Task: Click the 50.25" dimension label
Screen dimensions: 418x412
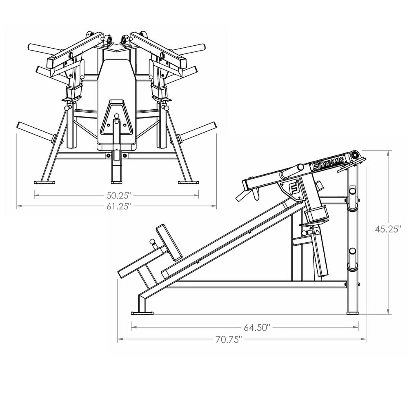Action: [119, 195]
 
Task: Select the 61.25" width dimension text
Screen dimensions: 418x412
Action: [119, 206]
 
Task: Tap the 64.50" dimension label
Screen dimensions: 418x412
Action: [257, 327]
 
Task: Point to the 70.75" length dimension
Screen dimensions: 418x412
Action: [229, 339]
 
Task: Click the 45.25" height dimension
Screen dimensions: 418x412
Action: [388, 229]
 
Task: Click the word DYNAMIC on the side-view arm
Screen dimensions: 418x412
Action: [331, 162]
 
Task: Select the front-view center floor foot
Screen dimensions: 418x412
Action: [116, 182]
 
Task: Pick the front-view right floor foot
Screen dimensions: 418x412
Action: [188, 182]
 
